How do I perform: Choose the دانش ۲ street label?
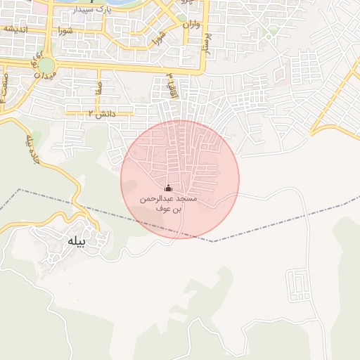[x=100, y=113]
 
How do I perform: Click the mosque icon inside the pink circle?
[x=168, y=188]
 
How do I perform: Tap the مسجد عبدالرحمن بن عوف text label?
[x=168, y=204]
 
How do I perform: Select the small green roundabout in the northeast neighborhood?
[x=269, y=33]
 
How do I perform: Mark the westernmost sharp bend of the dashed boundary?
[x=19, y=190]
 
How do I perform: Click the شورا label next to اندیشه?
[x=65, y=30]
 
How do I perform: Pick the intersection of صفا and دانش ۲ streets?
[x=98, y=112]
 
